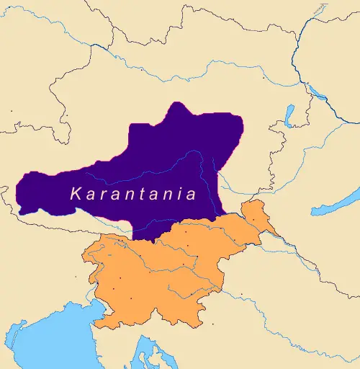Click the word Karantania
click(134, 194)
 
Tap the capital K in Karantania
click(75, 194)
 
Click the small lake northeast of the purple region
click(289, 115)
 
